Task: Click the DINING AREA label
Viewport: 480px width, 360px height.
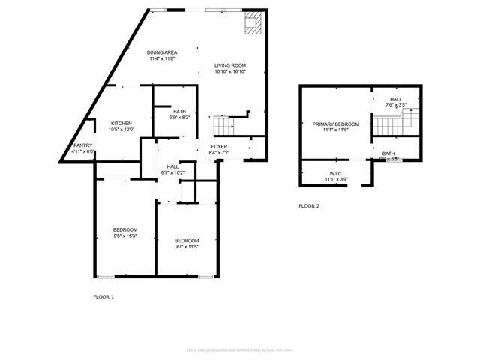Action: (x=161, y=52)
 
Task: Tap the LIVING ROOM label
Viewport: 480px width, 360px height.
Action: (x=230, y=65)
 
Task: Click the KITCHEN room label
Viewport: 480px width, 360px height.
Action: (x=121, y=123)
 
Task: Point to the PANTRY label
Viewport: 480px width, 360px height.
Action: (x=82, y=145)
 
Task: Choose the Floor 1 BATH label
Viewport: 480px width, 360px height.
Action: (x=180, y=110)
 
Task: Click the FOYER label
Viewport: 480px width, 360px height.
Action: (x=218, y=146)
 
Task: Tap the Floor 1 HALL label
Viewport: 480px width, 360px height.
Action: (x=172, y=166)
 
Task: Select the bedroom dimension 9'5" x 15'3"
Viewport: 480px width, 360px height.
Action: (x=125, y=235)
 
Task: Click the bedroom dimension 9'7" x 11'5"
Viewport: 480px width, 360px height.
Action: (x=187, y=246)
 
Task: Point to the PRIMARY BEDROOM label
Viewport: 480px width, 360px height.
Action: (x=336, y=124)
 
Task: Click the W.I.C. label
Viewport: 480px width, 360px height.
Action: (x=334, y=174)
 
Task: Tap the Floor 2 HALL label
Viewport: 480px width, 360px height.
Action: (x=395, y=99)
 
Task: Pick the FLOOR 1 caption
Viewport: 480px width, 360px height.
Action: (x=103, y=297)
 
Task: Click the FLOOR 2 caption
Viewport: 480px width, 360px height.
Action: (x=309, y=205)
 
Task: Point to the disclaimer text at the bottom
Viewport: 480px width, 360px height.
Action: (x=240, y=350)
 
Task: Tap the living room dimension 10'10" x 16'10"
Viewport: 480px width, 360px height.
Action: (x=230, y=72)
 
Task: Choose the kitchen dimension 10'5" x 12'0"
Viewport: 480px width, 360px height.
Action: (x=121, y=130)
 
